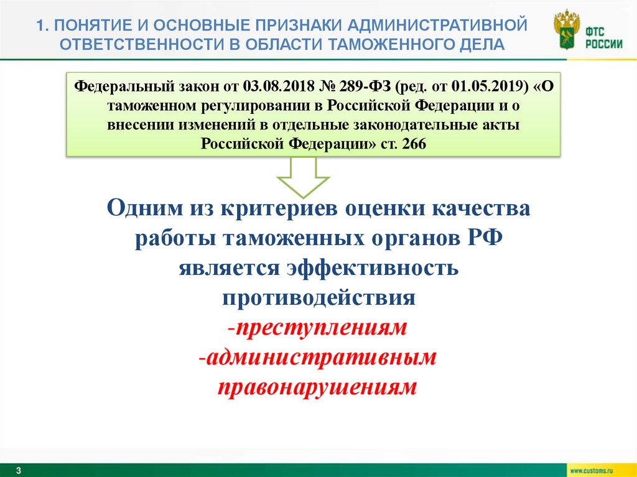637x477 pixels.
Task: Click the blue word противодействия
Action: (318, 297)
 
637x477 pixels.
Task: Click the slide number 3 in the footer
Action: (18, 470)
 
